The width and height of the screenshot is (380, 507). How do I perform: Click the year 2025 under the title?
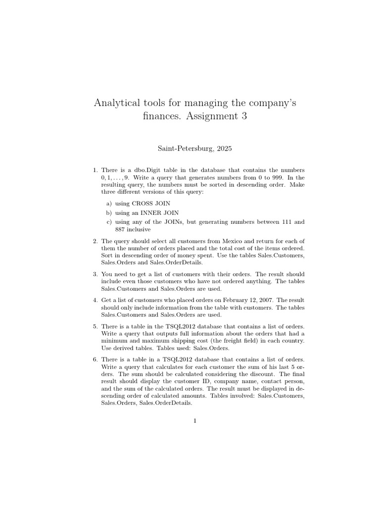click(223, 148)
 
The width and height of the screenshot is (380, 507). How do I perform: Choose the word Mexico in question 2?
click(212, 241)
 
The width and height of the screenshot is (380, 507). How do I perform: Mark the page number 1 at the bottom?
click(195, 421)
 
